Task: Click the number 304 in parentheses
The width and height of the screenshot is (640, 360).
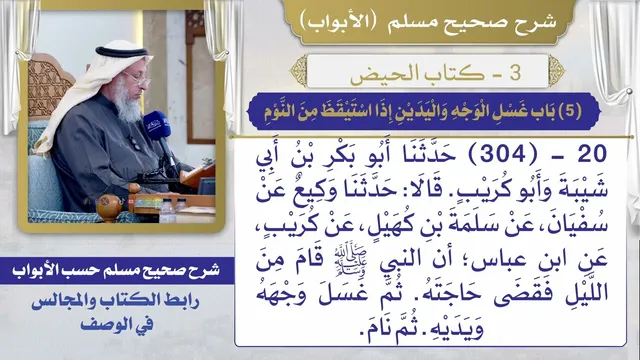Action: coord(502,154)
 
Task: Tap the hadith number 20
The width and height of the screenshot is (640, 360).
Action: coord(592,154)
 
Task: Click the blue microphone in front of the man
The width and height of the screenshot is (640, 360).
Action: coord(157,126)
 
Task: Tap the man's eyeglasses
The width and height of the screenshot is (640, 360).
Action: coord(137,79)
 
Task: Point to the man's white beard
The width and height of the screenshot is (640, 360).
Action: coord(127,101)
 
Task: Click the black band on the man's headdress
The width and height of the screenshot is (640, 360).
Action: coord(121,52)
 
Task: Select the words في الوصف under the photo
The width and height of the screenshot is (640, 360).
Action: coord(117,325)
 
